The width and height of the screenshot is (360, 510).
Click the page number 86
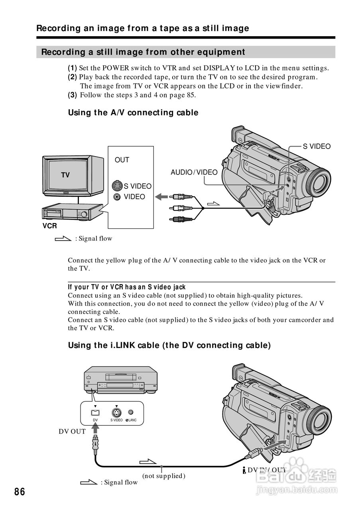pos(20,492)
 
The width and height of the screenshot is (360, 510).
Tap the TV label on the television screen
pos(65,175)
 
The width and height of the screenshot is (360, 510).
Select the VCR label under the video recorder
pos(50,226)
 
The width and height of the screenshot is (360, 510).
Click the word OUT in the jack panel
pos(122,160)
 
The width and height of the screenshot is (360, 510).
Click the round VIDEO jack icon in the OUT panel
pos(117,197)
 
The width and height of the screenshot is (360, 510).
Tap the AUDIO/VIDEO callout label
pos(194,172)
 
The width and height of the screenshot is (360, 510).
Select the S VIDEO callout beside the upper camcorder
pos(317,146)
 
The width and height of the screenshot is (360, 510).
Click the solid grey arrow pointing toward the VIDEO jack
pos(161,196)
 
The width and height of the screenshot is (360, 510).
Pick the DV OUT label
pos(72,431)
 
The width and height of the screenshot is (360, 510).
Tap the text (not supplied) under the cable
pos(164,476)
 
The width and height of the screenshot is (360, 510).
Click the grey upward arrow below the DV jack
pos(95,429)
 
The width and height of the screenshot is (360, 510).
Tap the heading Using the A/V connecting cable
pos(133,113)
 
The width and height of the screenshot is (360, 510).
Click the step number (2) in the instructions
pos(72,77)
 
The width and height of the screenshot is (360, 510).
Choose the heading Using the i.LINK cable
pos(169,345)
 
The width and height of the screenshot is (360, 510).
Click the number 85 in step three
pos(191,95)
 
